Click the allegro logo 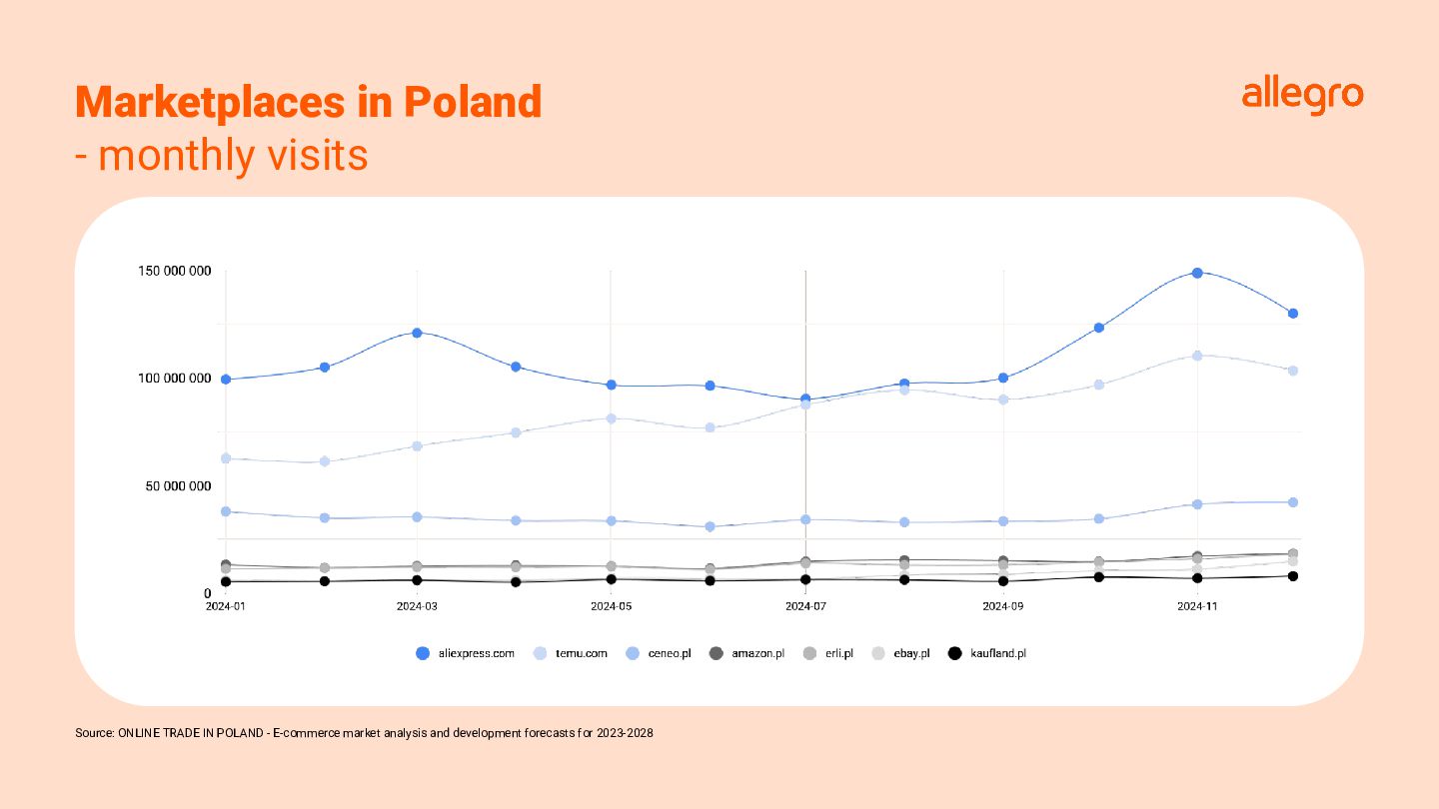pos(1302,96)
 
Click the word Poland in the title pos(472,102)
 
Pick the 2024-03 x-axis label pos(417,606)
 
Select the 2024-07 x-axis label pos(805,606)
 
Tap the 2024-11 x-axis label pos(1196,606)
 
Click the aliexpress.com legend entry pos(466,653)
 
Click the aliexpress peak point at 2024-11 pos(1197,273)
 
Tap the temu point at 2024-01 pos(226,458)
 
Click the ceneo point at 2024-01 pos(226,511)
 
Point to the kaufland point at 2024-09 pos(1003,581)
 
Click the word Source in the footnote pos(94,733)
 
